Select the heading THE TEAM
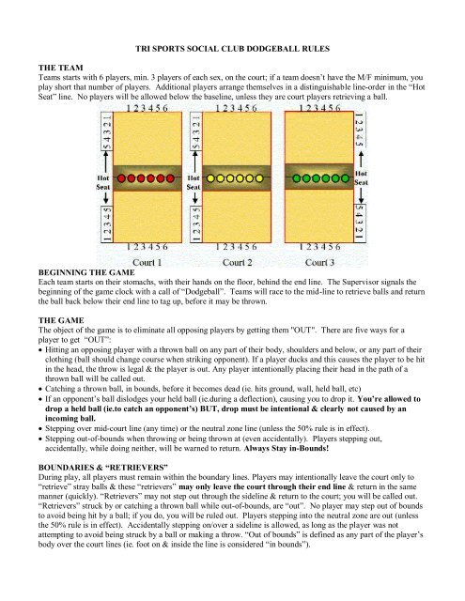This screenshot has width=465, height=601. tap(60, 68)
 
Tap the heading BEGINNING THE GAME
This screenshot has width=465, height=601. tap(86, 272)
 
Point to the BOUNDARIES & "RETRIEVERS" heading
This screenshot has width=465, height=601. tap(103, 468)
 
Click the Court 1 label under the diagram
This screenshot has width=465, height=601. tap(147, 263)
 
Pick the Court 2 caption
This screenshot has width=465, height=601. tap(238, 263)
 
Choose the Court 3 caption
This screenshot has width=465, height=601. tap(319, 263)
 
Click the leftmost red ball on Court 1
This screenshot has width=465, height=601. tap(121, 178)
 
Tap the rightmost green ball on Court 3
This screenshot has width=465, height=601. tap(345, 178)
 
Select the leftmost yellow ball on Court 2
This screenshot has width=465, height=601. tap(210, 178)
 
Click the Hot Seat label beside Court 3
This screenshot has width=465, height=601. tap(361, 177)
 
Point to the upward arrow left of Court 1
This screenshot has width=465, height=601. tap(106, 162)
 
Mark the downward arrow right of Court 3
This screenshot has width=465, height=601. tap(361, 195)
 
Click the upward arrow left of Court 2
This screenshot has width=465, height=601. tap(195, 162)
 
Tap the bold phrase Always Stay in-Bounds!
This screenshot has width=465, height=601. tap(287, 448)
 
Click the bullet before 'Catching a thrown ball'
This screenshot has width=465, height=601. tap(40, 390)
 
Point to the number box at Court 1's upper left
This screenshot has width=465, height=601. tap(106, 131)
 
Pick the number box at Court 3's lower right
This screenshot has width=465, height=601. tap(360, 223)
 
